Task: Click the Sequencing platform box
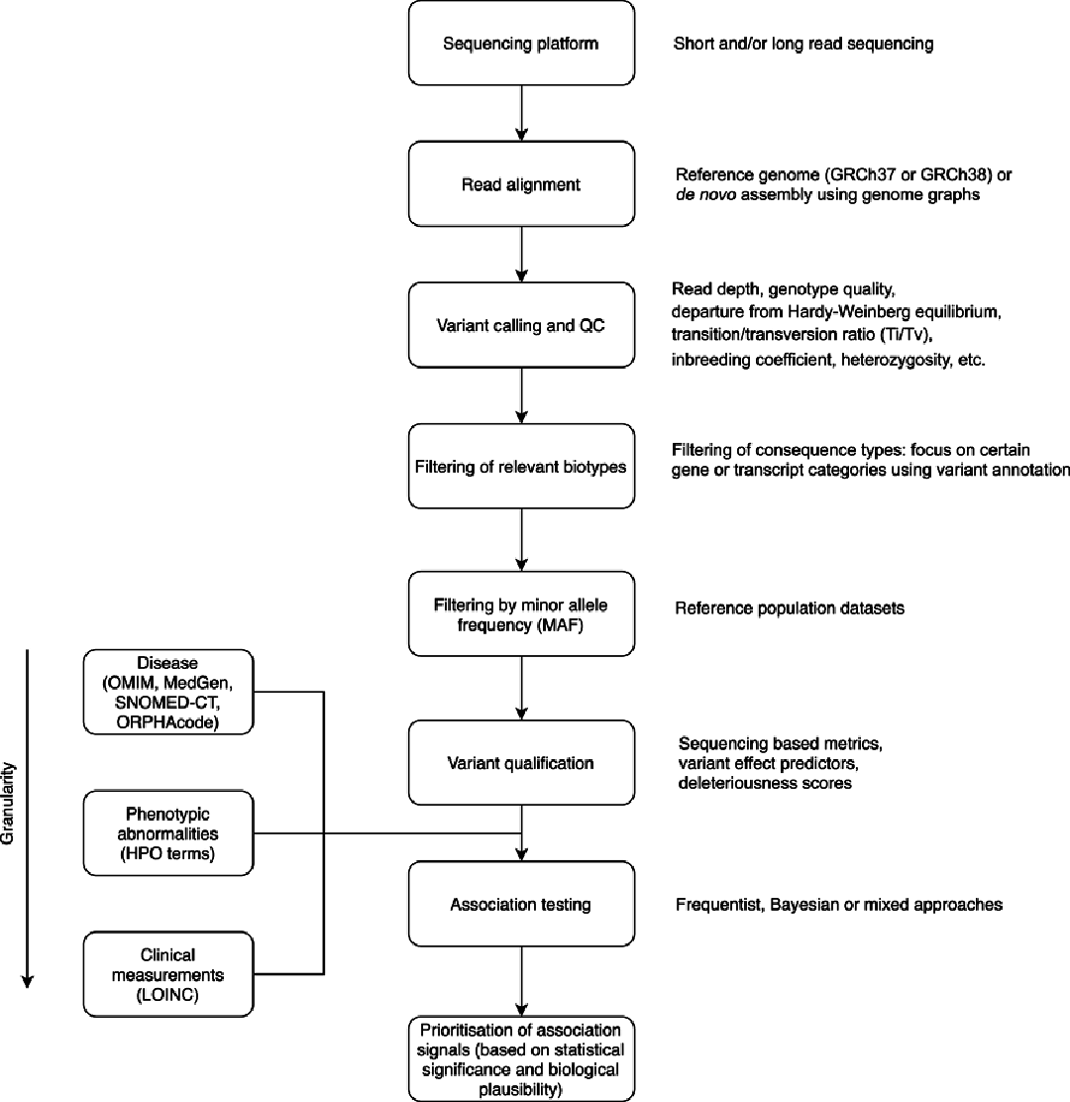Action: pyautogui.click(x=521, y=44)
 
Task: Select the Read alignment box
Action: pyautogui.click(x=521, y=183)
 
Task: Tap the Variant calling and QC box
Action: pyautogui.click(x=521, y=324)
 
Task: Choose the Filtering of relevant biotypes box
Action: pyautogui.click(x=521, y=466)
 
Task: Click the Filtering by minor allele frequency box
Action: pyautogui.click(x=521, y=613)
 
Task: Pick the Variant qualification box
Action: pyautogui.click(x=521, y=762)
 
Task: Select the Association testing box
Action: pyautogui.click(x=521, y=904)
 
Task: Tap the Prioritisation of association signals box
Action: pyautogui.click(x=521, y=1058)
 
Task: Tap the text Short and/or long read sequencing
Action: pyautogui.click(x=803, y=45)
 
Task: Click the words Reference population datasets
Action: pyautogui.click(x=790, y=608)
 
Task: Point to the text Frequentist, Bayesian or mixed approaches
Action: pyautogui.click(x=839, y=904)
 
